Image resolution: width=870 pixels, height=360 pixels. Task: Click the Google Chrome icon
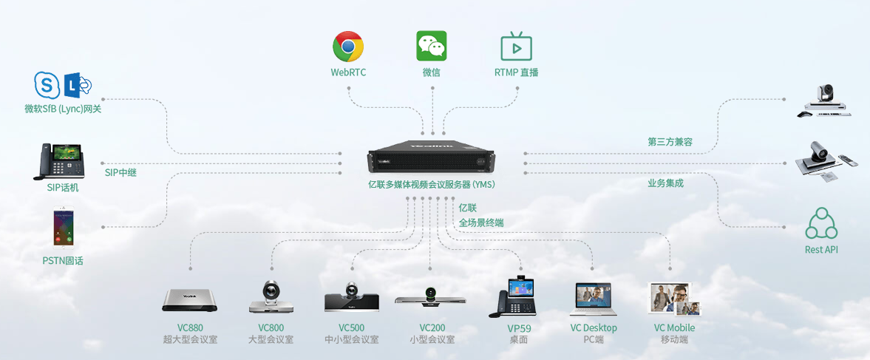[348, 46]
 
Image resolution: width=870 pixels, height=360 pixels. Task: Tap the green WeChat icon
[432, 46]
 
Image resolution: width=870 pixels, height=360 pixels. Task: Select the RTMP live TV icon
[517, 46]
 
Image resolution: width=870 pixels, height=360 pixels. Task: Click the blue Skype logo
[47, 85]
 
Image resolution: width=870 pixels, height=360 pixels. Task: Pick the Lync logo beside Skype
[77, 85]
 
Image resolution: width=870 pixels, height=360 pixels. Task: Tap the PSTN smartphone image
[64, 228]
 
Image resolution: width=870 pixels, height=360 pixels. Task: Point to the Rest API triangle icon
[821, 223]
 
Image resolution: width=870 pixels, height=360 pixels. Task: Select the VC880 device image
[189, 300]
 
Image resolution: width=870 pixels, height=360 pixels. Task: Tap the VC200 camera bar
[430, 298]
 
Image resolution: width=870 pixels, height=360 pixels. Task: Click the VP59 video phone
[513, 296]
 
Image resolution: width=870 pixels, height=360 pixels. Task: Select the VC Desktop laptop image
[593, 299]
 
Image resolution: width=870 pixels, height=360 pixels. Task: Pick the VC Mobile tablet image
[674, 299]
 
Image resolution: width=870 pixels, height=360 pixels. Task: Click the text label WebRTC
[348, 72]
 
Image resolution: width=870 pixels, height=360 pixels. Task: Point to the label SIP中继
[120, 172]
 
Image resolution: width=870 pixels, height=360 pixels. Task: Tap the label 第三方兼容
[670, 142]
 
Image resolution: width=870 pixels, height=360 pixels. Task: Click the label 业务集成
[666, 183]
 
